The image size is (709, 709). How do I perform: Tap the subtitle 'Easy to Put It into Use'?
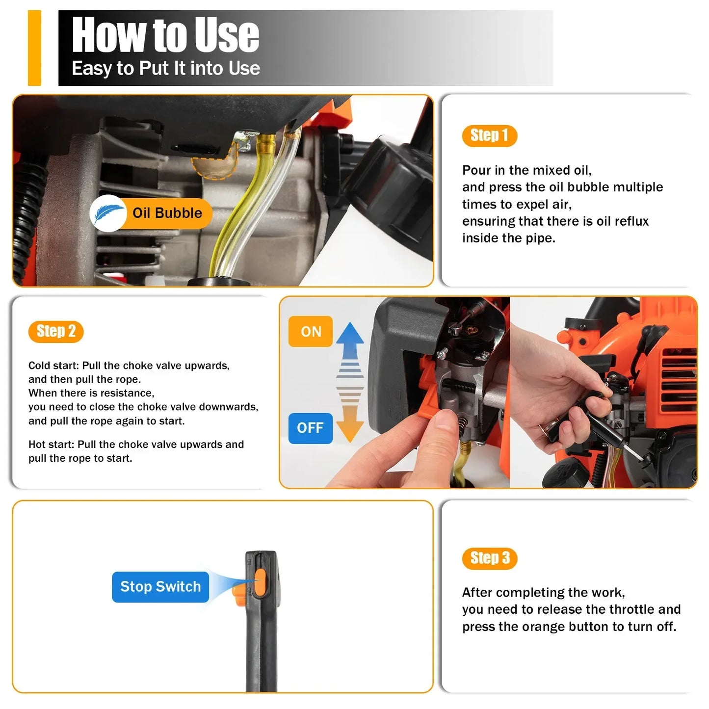pyautogui.click(x=165, y=68)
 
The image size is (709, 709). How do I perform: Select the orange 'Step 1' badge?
pyautogui.click(x=489, y=135)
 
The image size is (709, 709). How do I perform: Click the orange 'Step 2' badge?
pyautogui.click(x=56, y=332)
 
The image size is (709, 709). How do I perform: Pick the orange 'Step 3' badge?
pyautogui.click(x=490, y=558)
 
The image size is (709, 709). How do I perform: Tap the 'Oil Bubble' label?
pyautogui.click(x=167, y=213)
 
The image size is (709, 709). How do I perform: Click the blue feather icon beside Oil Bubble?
pyautogui.click(x=108, y=213)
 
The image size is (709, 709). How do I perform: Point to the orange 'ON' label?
pyautogui.click(x=311, y=332)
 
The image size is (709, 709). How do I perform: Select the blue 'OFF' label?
pyautogui.click(x=310, y=428)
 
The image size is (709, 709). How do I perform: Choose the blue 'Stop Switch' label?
pyautogui.click(x=160, y=586)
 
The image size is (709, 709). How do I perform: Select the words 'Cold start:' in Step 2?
pyautogui.click(x=53, y=366)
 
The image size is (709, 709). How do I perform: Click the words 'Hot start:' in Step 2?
pyautogui.click(x=51, y=445)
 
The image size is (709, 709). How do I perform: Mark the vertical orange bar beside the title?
pyautogui.click(x=34, y=48)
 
